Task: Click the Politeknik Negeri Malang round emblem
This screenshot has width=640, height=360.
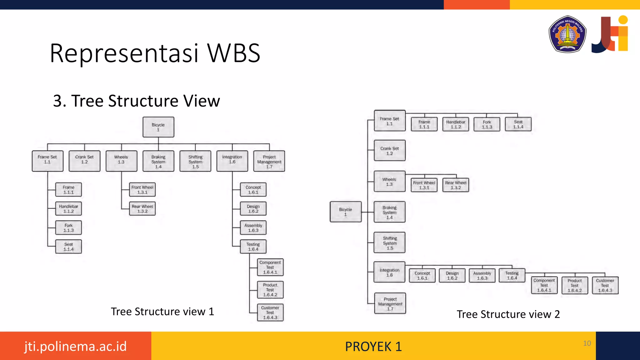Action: click(x=567, y=34)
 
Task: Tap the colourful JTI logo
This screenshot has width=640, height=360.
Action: click(x=610, y=34)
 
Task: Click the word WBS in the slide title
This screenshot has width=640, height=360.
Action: click(x=234, y=53)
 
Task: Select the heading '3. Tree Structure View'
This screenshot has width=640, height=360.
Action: click(x=136, y=101)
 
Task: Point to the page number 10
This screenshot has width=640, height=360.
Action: click(x=587, y=343)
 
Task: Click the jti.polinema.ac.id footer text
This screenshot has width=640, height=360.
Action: click(x=75, y=346)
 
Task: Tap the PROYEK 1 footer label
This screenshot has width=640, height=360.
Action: click(x=373, y=347)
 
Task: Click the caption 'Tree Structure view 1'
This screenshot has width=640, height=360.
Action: click(x=162, y=312)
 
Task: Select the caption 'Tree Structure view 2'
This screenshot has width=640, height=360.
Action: click(x=508, y=314)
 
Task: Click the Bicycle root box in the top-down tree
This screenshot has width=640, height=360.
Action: click(x=158, y=127)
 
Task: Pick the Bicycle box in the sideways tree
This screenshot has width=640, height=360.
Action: click(x=346, y=212)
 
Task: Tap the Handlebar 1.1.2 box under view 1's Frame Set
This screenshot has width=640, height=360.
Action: click(x=68, y=209)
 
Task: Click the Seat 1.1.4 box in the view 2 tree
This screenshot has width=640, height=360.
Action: click(x=518, y=124)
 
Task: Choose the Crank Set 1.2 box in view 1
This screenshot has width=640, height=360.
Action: click(x=84, y=161)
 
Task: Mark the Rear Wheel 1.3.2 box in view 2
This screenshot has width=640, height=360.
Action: click(x=456, y=185)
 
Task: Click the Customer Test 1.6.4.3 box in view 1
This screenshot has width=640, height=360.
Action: click(x=270, y=312)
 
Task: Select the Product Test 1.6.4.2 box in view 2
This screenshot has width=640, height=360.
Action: click(x=575, y=285)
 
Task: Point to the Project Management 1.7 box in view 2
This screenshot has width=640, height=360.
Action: click(x=390, y=303)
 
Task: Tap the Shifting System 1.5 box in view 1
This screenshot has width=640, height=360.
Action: click(x=195, y=161)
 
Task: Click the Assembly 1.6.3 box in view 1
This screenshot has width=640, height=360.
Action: click(x=253, y=228)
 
